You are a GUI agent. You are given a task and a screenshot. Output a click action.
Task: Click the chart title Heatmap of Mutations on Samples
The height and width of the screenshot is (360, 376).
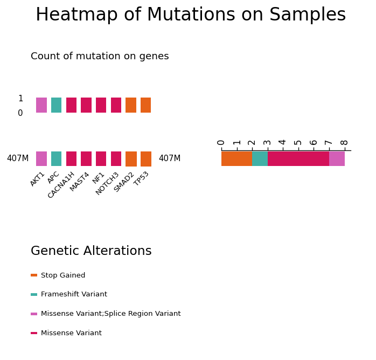pyautogui.click(x=191, y=15)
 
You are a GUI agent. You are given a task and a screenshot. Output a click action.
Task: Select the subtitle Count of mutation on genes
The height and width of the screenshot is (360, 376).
pyautogui.click(x=100, y=57)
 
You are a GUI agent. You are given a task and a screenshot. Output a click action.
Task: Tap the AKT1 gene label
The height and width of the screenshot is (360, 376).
pyautogui.click(x=37, y=179)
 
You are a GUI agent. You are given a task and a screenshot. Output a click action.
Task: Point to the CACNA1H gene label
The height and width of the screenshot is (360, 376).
pyautogui.click(x=61, y=185)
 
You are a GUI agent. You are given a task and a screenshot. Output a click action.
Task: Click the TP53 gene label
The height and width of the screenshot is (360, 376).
pyautogui.click(x=141, y=179)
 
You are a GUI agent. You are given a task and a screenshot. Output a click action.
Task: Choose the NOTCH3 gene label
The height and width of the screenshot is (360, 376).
pyautogui.click(x=107, y=183)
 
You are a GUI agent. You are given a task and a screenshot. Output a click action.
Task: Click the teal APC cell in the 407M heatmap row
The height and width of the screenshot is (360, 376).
pyautogui.click(x=57, y=159)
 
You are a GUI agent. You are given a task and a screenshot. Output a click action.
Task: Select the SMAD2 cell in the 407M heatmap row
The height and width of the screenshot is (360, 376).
pyautogui.click(x=131, y=159)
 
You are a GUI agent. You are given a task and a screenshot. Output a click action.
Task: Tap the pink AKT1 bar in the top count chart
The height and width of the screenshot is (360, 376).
pyautogui.click(x=41, y=105)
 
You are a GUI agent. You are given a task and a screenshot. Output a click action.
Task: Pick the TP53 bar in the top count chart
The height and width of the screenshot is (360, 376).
pyautogui.click(x=146, y=105)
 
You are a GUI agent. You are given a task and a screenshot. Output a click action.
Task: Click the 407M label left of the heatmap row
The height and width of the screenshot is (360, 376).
pyautogui.click(x=18, y=158)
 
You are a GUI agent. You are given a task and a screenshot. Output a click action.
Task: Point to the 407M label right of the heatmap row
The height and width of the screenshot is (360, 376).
pyautogui.click(x=170, y=158)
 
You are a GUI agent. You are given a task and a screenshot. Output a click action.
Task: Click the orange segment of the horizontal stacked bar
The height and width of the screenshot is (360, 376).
pyautogui.click(x=236, y=158)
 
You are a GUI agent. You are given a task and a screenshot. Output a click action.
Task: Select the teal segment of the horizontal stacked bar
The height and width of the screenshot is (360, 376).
pyautogui.click(x=260, y=158)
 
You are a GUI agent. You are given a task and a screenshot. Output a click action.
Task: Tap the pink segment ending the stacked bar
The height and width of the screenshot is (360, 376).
pyautogui.click(x=337, y=158)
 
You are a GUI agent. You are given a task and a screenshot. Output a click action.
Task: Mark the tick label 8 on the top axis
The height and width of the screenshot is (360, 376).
pyautogui.click(x=344, y=142)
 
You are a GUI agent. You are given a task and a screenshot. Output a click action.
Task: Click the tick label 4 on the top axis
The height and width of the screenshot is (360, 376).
pyautogui.click(x=283, y=142)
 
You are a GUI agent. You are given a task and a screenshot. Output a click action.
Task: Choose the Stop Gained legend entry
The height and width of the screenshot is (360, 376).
pyautogui.click(x=58, y=275)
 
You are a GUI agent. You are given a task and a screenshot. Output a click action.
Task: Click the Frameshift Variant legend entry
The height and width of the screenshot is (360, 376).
pyautogui.click(x=69, y=294)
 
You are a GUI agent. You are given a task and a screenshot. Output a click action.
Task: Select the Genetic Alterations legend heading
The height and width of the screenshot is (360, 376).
pyautogui.click(x=91, y=251)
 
